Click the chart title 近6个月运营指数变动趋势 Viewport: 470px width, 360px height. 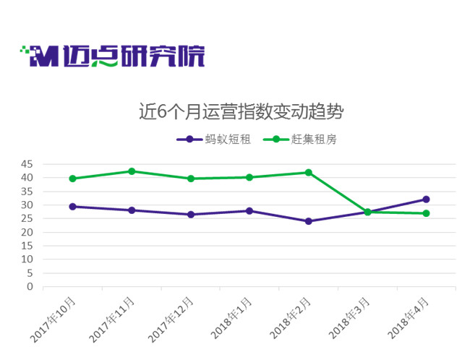coord(241,111)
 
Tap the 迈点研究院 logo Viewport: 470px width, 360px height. coord(112,56)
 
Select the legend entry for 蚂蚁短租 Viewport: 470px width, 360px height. coord(214,140)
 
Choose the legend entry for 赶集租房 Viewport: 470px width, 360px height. coord(300,140)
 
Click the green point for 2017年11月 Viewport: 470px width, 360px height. coord(132,171)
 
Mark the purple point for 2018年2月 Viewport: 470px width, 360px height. coord(309,221)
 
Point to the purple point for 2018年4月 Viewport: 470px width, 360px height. coord(426,200)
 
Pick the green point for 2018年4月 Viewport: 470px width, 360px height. coord(426,213)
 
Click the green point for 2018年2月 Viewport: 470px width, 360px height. coord(309,173)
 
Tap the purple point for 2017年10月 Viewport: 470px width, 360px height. coord(72,207)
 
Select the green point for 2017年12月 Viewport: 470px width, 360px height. coord(191,179)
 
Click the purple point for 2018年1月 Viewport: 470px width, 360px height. coord(249,211)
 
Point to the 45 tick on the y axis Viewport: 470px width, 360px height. coord(27,164)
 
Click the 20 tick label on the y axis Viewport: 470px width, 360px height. coord(27,232)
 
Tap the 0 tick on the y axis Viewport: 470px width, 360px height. coord(30,287)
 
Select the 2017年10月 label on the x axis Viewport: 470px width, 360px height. coord(53,320)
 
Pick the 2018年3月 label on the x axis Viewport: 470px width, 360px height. coord(349,318)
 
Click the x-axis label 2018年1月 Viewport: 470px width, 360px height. coord(231,318)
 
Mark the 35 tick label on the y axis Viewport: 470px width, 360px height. coord(27,192)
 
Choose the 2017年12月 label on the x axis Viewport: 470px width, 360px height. coord(171,320)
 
